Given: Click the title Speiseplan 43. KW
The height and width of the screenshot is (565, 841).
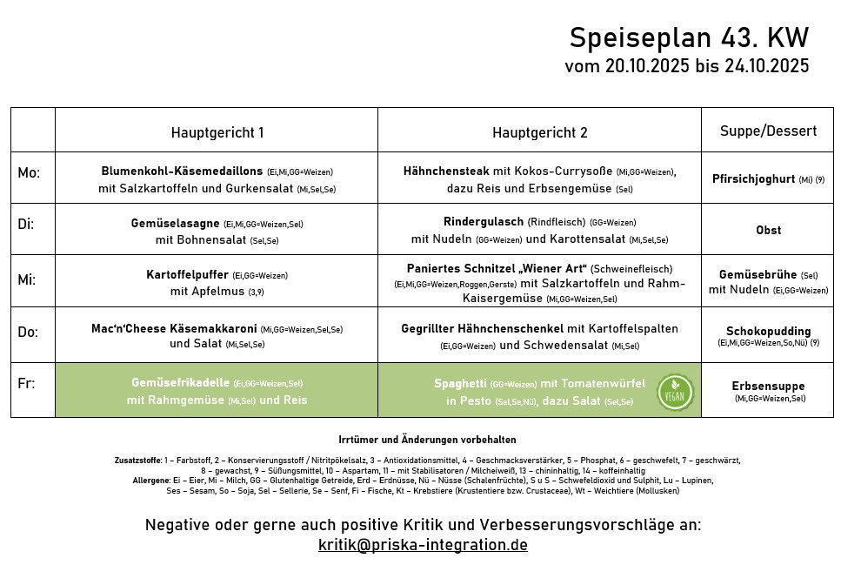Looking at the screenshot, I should pyautogui.click(x=689, y=38).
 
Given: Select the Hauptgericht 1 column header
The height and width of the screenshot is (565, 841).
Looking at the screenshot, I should pyautogui.click(x=217, y=132).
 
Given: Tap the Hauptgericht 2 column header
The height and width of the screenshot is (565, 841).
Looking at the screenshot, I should pyautogui.click(x=539, y=132).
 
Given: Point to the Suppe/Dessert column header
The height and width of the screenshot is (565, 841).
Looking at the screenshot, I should pyautogui.click(x=768, y=131).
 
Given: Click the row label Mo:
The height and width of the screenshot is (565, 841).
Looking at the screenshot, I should pyautogui.click(x=29, y=173).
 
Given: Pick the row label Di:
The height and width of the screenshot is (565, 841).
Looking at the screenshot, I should pyautogui.click(x=26, y=224).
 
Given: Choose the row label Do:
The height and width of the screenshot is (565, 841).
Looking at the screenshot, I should pyautogui.click(x=28, y=332).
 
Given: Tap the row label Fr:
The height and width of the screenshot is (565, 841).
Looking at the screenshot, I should pyautogui.click(x=25, y=383).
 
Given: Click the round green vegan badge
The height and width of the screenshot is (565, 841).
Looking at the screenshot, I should pyautogui.click(x=675, y=392).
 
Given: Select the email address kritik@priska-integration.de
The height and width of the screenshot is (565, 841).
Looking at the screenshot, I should pyautogui.click(x=423, y=545).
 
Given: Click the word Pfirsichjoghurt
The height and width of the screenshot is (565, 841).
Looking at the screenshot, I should pyautogui.click(x=753, y=178).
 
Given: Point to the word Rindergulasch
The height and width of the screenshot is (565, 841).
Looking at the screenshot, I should pyautogui.click(x=483, y=222).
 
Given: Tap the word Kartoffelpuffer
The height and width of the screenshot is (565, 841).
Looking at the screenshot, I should pyautogui.click(x=187, y=274).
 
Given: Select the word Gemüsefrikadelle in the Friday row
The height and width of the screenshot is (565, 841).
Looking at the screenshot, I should pyautogui.click(x=180, y=383).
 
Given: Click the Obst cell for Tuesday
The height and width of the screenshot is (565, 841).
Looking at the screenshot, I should pyautogui.click(x=768, y=230).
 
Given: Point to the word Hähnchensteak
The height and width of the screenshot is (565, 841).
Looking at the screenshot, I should pyautogui.click(x=445, y=172).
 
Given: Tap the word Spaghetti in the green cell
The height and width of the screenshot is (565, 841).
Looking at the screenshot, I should pyautogui.click(x=460, y=383).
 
